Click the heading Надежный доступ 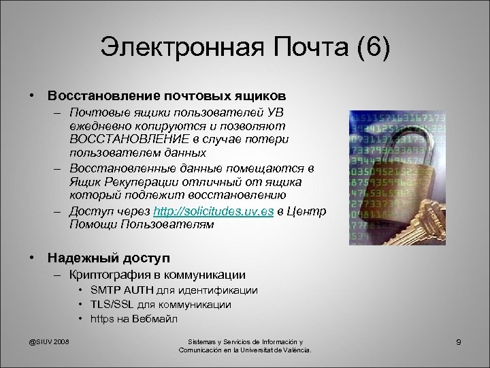[x=99, y=258]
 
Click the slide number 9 [x=459, y=341]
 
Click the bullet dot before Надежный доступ [x=31, y=258]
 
